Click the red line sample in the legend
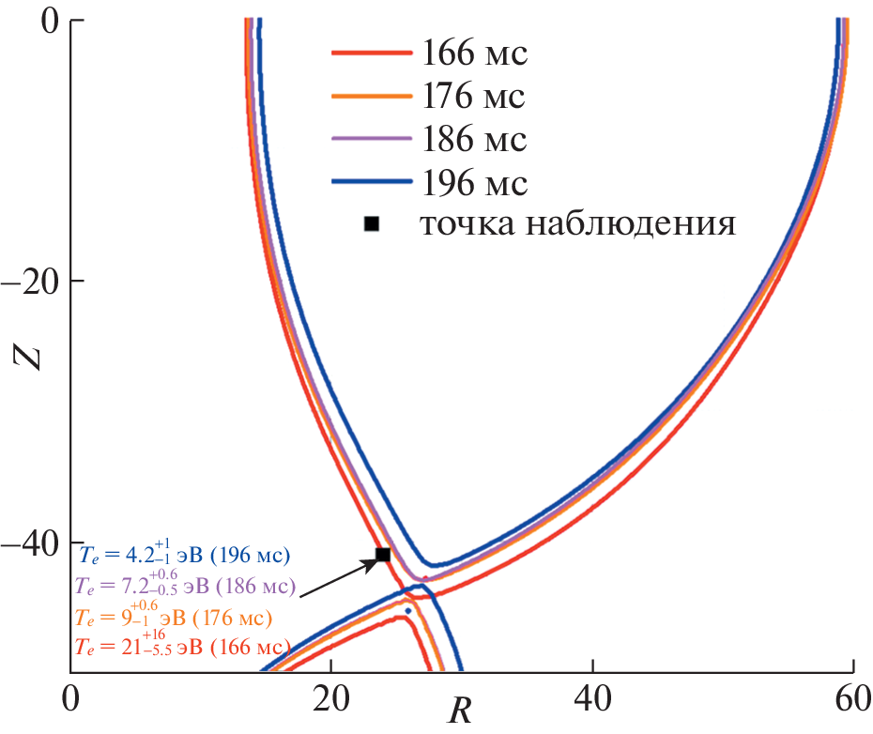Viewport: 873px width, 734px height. click(x=372, y=54)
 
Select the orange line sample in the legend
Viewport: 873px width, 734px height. click(x=372, y=97)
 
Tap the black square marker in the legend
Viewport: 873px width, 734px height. click(x=372, y=223)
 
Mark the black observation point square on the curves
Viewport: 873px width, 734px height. click(x=383, y=555)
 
